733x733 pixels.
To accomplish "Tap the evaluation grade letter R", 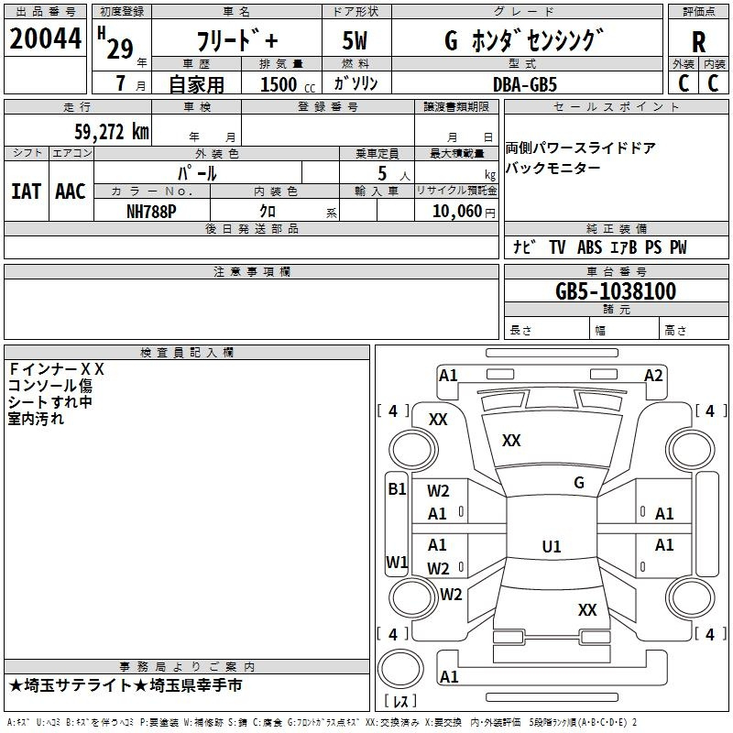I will tap(698, 43).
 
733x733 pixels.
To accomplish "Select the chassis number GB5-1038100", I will tap(616, 291).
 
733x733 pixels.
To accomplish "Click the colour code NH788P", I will tap(151, 211).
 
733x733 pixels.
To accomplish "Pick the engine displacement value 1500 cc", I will tap(282, 84).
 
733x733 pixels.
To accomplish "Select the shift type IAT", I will tap(26, 191).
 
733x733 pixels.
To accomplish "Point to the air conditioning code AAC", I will tap(70, 191).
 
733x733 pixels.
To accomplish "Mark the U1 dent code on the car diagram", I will tap(551, 547).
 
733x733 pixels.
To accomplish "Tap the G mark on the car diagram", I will tap(578, 483).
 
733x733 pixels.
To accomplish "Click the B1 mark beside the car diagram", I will tap(397, 489).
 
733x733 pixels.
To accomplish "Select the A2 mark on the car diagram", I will tap(653, 375).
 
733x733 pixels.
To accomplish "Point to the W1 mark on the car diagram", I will tap(397, 562).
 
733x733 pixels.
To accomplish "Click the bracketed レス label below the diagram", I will tap(399, 702).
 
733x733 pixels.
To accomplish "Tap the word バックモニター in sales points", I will tap(553, 169).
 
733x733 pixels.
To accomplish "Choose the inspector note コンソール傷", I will tap(50, 386).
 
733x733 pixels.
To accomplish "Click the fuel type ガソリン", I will tap(356, 83).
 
